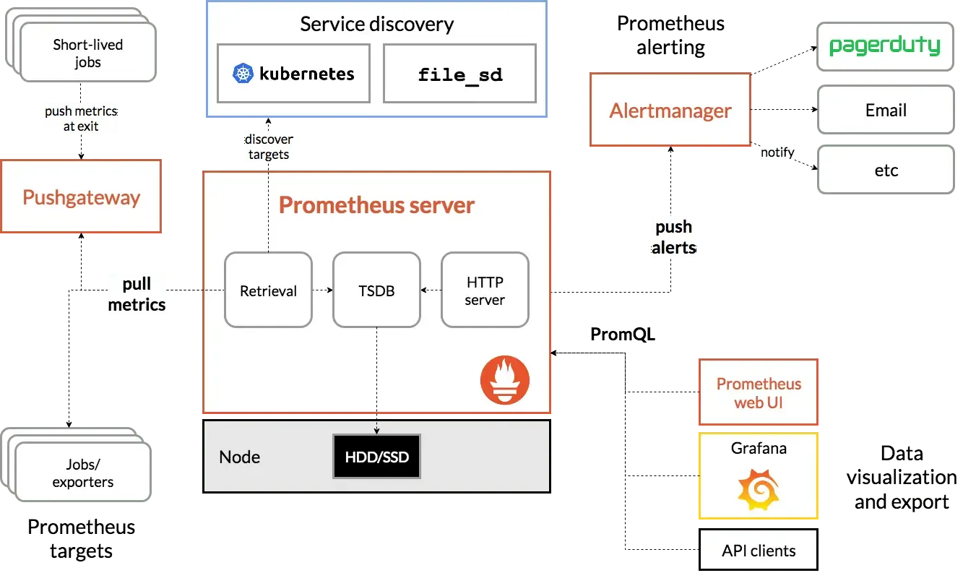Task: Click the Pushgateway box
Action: pyautogui.click(x=81, y=197)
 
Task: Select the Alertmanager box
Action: pyautogui.click(x=670, y=111)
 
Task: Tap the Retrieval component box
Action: pyautogui.click(x=268, y=290)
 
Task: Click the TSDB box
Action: pyautogui.click(x=376, y=290)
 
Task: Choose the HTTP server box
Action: pyautogui.click(x=485, y=290)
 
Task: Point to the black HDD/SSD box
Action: pyautogui.click(x=376, y=457)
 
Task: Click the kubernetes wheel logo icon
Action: pyautogui.click(x=243, y=74)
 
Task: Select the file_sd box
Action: pyautogui.click(x=459, y=74)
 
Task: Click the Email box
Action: pyautogui.click(x=885, y=111)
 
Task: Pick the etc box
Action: pyautogui.click(x=885, y=171)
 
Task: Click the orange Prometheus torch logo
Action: pyautogui.click(x=505, y=380)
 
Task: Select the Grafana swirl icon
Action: pyautogui.click(x=758, y=489)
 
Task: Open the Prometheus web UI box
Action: pyautogui.click(x=759, y=393)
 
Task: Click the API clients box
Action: pyautogui.click(x=759, y=551)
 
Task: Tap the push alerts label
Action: pyautogui.click(x=674, y=237)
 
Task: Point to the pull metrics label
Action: pyautogui.click(x=137, y=295)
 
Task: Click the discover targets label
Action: pyautogui.click(x=269, y=146)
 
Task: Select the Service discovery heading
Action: pyautogui.click(x=376, y=24)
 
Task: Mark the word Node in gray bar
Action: pyautogui.click(x=239, y=457)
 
